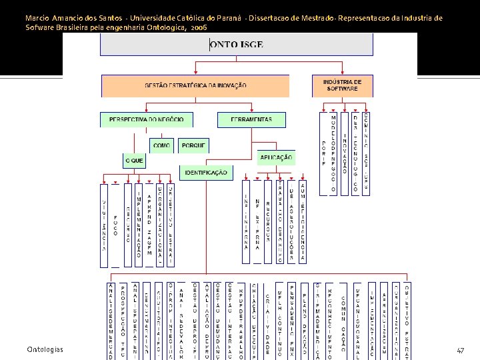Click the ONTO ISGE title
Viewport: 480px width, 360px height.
tap(235, 45)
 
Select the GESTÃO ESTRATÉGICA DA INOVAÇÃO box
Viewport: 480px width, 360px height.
tap(195, 85)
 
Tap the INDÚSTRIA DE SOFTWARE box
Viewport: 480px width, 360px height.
tap(342, 85)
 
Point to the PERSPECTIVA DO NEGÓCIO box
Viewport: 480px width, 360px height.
tap(142, 119)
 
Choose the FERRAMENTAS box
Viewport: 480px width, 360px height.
tap(251, 119)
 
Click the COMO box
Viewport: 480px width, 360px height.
tap(161, 145)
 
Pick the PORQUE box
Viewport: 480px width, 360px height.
tap(193, 145)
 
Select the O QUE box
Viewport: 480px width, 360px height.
tap(134, 161)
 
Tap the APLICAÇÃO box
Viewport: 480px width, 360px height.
tap(276, 158)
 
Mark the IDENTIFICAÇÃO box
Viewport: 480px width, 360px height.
tap(206, 173)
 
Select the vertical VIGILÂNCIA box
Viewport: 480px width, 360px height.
tap(104, 223)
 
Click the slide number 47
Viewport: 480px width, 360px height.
tap(461, 350)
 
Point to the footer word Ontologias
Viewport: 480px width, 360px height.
tap(45, 350)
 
